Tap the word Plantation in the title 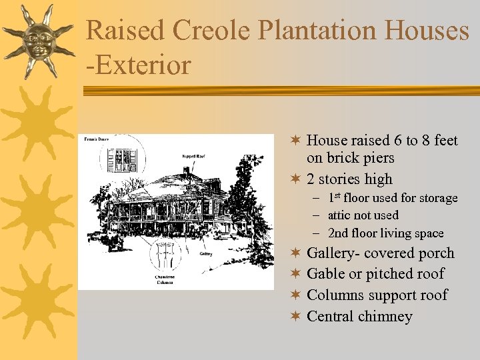333,31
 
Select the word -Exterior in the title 138,65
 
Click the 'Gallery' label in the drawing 207,253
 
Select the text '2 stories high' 349,179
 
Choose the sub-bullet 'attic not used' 363,215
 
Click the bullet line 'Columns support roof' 377,295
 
